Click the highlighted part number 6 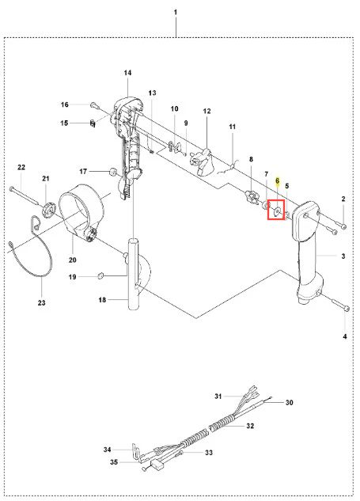(277, 180)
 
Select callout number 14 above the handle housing (127, 73)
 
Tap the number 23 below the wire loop (41, 302)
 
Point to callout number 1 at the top (176, 12)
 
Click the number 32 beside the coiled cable (250, 426)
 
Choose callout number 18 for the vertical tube (102, 300)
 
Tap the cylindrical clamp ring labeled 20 (82, 211)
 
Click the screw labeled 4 (340, 305)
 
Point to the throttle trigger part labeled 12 (201, 162)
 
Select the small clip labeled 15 (92, 123)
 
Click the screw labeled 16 (93, 104)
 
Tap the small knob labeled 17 (113, 171)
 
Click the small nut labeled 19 (100, 275)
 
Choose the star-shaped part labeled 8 (252, 196)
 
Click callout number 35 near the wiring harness (114, 462)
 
